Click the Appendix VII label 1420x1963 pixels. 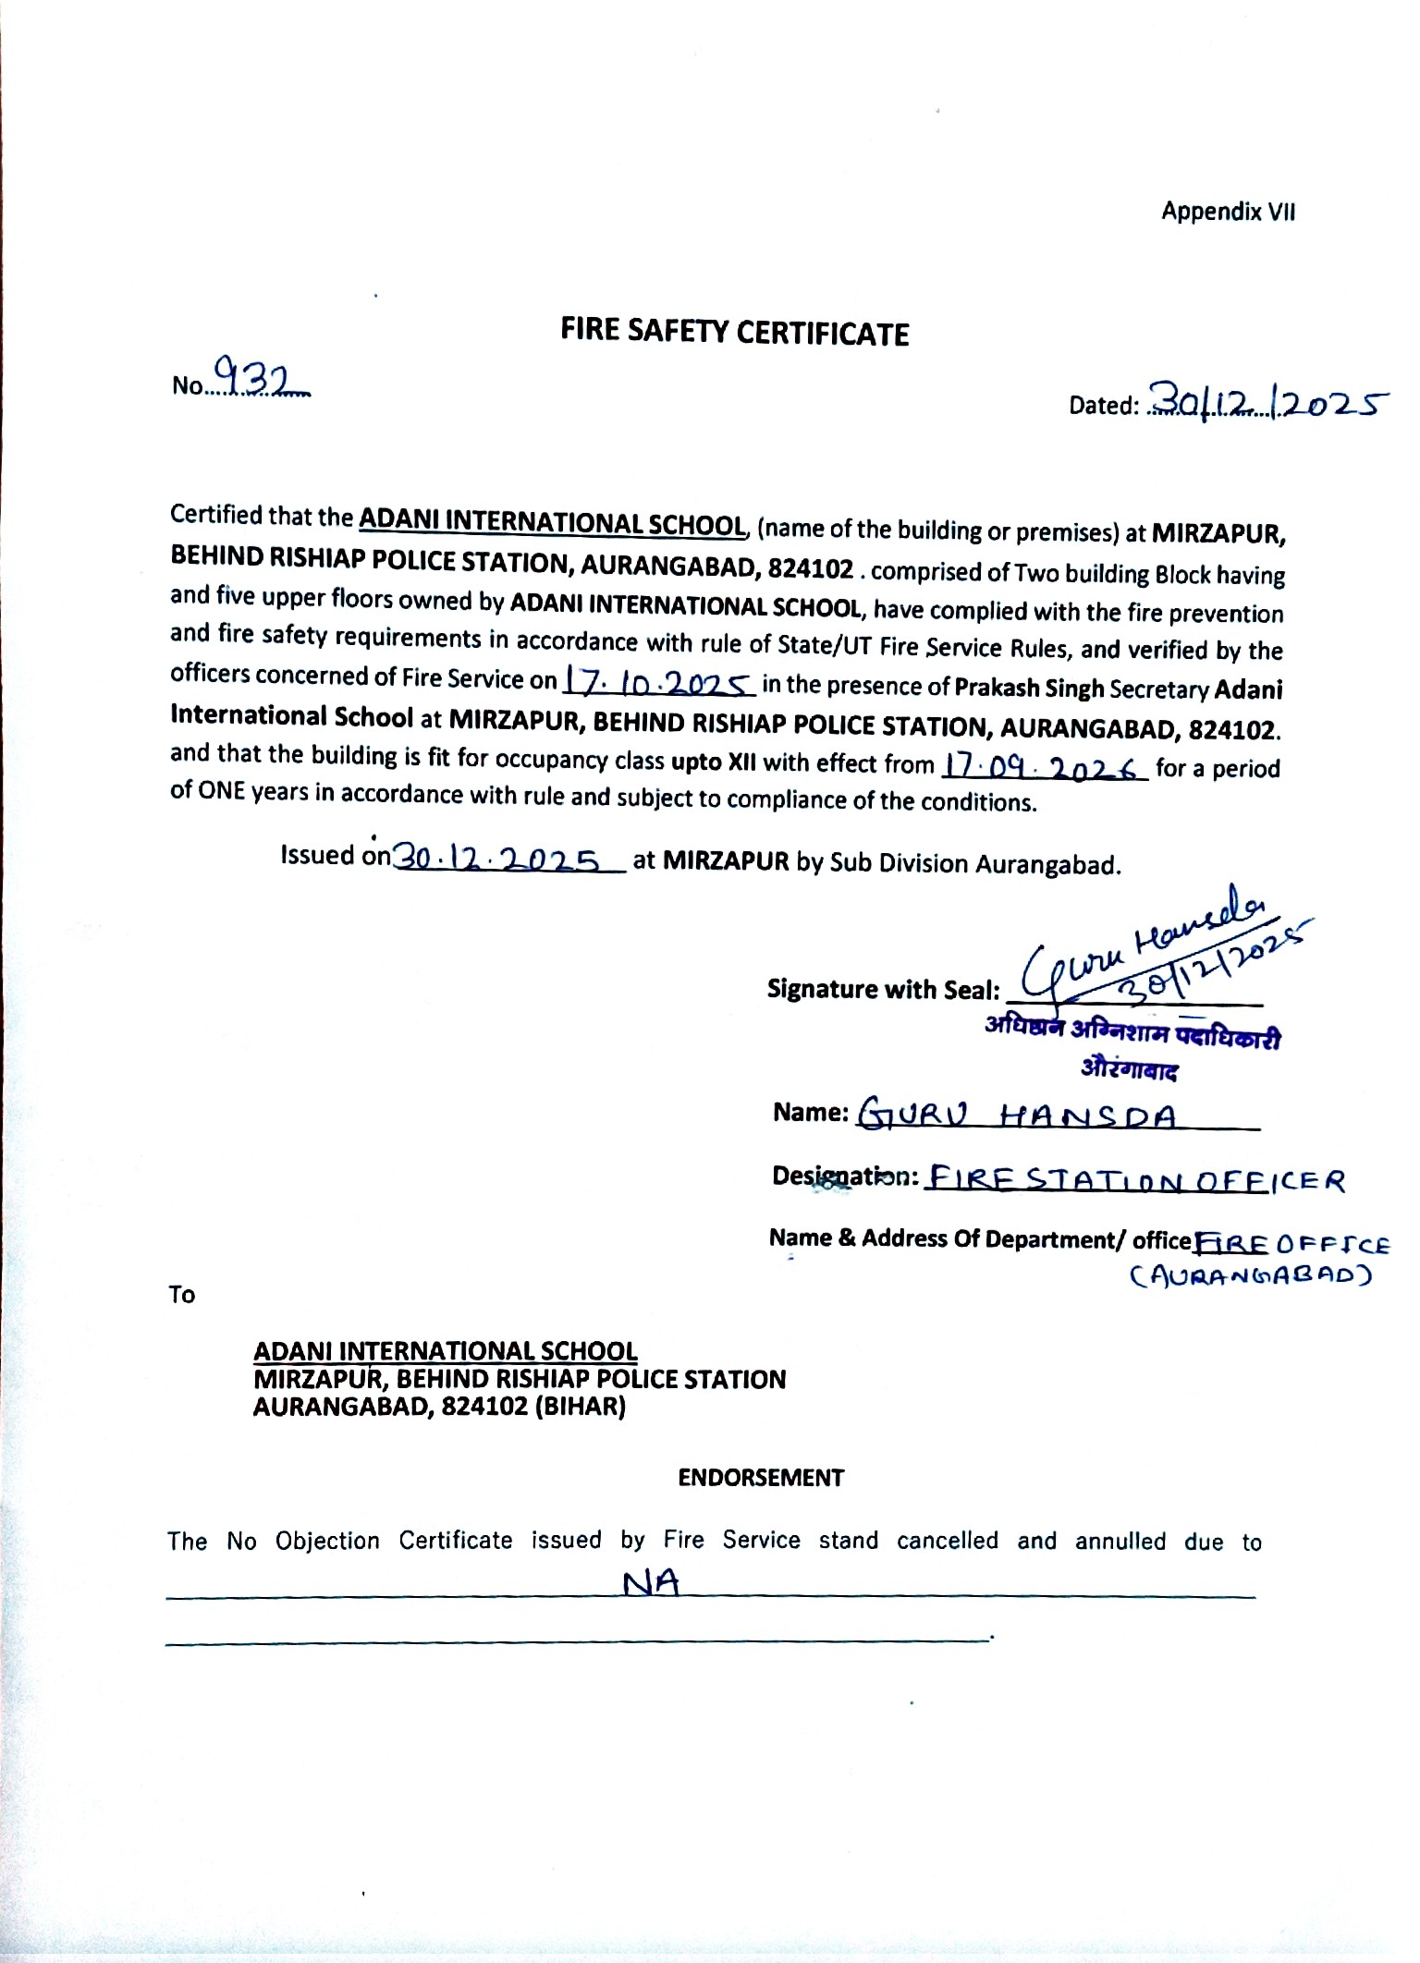pos(1228,212)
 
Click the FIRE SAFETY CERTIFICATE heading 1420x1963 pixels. pos(734,333)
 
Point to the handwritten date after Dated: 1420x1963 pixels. pos(1267,402)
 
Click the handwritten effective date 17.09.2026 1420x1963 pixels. pos(1044,766)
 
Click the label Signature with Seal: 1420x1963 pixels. pos(883,990)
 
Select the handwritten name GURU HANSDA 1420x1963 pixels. pos(1019,1116)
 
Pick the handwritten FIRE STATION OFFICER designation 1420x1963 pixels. pos(1135,1180)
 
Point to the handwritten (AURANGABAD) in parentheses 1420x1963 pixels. pos(1249,1276)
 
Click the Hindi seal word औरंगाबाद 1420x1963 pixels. pos(1130,1070)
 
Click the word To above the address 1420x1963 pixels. pos(182,1295)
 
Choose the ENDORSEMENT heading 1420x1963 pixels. pos(761,1477)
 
